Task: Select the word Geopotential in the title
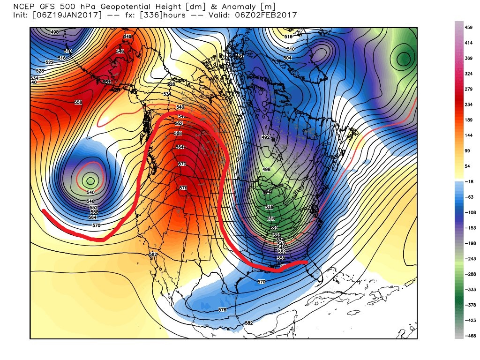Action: tap(105, 7)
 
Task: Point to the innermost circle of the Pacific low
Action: tap(90, 180)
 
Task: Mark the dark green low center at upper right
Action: tap(404, 59)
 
